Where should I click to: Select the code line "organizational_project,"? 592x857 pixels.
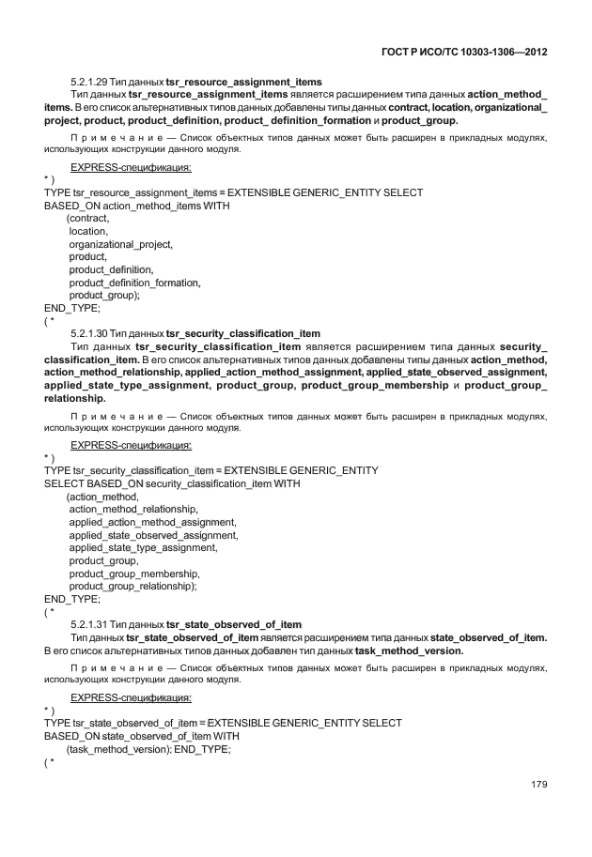tap(120, 244)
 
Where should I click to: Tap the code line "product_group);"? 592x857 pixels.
tap(104, 295)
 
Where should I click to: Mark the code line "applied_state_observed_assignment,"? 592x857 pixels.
tap(153, 534)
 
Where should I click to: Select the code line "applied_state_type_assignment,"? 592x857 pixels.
tap(143, 547)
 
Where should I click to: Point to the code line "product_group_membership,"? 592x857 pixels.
tap(134, 573)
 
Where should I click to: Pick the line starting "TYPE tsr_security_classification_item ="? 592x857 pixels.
tap(210, 470)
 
